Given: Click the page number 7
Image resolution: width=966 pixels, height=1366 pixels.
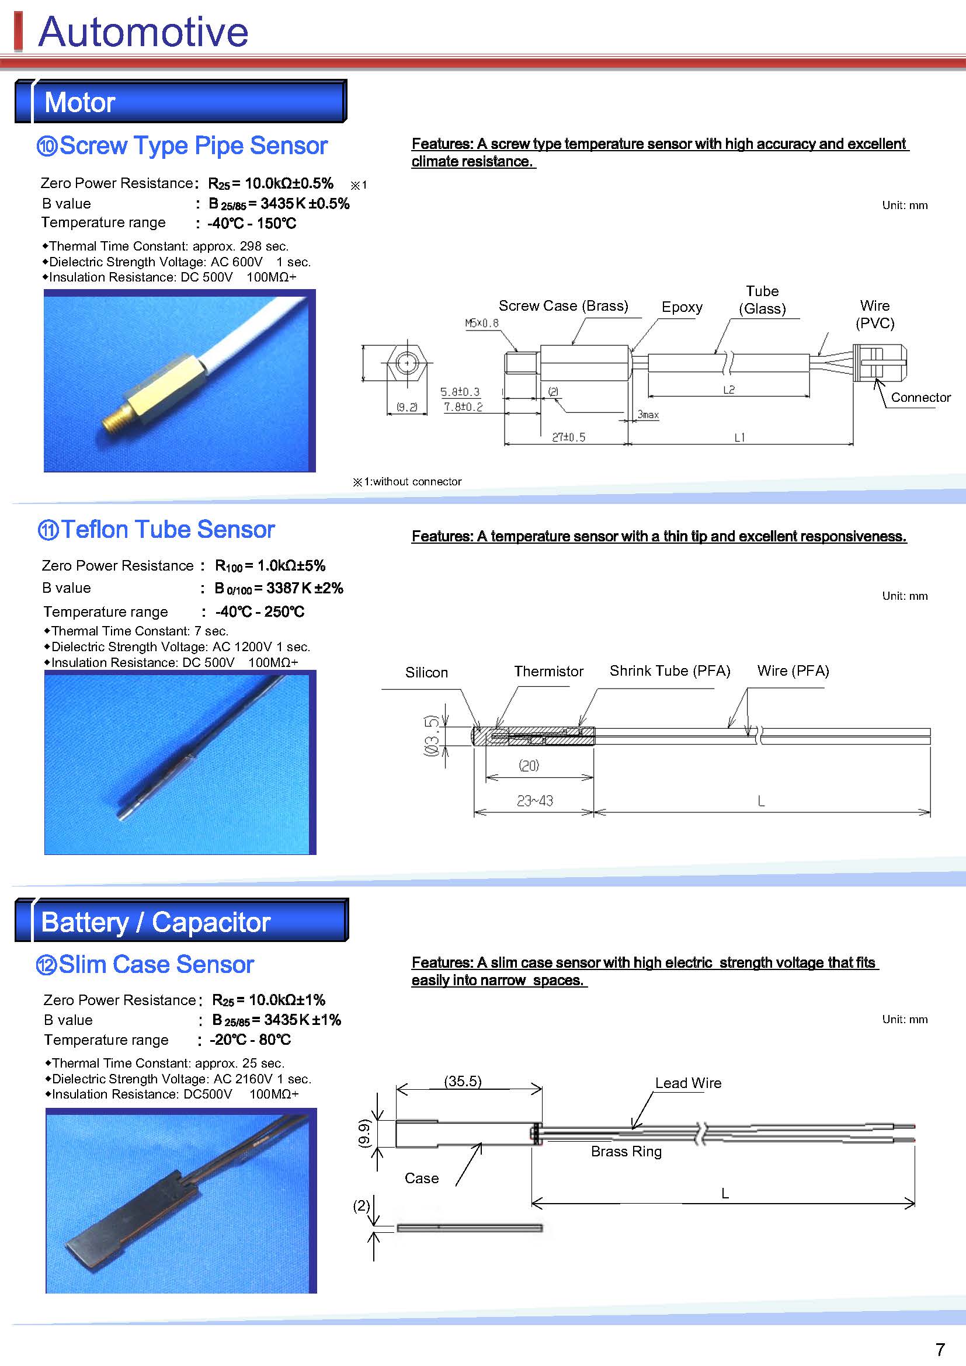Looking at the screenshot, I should coord(940,1348).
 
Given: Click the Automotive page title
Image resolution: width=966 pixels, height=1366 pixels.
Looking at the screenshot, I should coord(143,32).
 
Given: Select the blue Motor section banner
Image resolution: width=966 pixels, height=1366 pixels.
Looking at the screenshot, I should coord(181,102).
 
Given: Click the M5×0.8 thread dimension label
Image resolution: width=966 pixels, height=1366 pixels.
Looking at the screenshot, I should coord(481,323).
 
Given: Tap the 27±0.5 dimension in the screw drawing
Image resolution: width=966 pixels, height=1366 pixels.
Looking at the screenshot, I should coord(568,437).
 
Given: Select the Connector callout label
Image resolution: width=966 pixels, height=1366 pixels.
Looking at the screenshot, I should coord(920,398).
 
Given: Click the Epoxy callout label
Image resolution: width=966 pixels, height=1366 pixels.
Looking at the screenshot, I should coord(682,307).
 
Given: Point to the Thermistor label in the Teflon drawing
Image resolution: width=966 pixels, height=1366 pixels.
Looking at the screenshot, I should coord(548,671).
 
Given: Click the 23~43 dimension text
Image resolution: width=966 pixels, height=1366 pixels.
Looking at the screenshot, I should coord(535,801).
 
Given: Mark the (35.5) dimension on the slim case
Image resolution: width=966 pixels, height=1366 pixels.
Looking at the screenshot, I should coord(463,1081).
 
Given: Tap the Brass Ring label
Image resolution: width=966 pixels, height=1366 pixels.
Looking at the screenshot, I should coord(626,1151).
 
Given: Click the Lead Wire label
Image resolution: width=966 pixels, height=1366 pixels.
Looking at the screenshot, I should coord(688,1083).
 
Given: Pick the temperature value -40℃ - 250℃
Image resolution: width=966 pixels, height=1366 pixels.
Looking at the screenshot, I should coord(260,611).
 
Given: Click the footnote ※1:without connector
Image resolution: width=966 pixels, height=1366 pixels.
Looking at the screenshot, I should coord(408,481).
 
